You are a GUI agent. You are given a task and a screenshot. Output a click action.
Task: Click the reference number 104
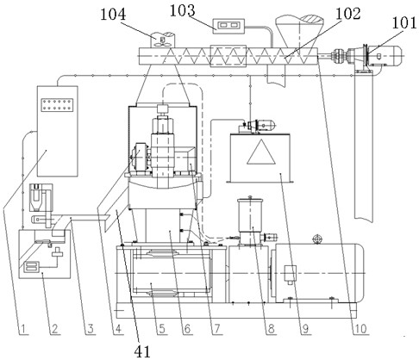(113, 15)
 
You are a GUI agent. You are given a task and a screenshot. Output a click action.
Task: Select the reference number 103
(183, 11)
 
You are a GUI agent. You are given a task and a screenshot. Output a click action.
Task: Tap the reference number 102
(348, 14)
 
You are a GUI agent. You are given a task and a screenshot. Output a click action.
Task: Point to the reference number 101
(404, 22)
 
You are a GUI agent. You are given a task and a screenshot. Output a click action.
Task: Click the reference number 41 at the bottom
(142, 351)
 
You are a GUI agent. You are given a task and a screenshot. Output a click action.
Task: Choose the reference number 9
(305, 329)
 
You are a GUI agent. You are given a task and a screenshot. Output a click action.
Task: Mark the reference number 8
(271, 329)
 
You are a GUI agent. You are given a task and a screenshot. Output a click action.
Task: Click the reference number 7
(217, 329)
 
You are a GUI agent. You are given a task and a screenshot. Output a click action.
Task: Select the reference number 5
(162, 329)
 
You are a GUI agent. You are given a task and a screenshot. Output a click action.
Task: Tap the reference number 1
(24, 329)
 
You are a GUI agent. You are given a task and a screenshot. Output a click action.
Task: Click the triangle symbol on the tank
(261, 152)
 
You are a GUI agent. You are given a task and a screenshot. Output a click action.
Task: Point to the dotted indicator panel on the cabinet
(58, 105)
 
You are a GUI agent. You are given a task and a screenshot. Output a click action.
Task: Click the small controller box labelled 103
(228, 26)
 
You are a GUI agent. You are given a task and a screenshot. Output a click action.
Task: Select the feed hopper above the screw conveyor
(299, 31)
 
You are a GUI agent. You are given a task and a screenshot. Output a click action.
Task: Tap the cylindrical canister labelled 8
(250, 214)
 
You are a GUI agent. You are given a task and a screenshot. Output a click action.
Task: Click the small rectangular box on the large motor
(290, 273)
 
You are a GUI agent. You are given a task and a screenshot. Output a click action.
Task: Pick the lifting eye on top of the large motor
(316, 239)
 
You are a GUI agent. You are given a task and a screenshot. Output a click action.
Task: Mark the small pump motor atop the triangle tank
(259, 126)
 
